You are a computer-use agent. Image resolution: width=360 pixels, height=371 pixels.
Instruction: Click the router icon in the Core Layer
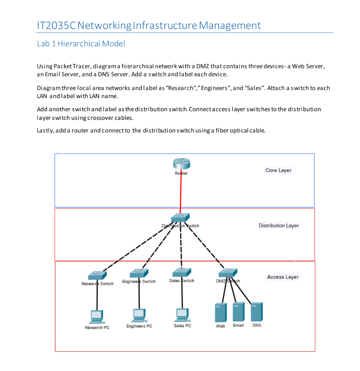181,164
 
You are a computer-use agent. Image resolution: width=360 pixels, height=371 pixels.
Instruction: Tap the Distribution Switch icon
180,218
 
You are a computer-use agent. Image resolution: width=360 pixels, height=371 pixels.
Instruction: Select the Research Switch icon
97,276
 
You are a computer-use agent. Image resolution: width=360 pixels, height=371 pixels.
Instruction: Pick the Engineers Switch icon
139,273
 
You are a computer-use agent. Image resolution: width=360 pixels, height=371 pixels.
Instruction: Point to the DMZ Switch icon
228,273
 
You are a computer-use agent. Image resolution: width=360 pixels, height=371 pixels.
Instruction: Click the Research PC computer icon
97,316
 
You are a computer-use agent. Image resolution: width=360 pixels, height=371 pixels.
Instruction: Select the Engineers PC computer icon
139,315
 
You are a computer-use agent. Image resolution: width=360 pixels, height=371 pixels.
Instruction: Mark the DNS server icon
257,311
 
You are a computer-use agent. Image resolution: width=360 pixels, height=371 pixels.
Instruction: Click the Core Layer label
278,170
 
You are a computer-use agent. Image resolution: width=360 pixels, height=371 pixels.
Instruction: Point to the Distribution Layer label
279,225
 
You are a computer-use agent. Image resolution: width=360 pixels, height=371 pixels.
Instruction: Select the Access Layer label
283,277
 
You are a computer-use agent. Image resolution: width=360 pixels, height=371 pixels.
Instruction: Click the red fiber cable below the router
181,192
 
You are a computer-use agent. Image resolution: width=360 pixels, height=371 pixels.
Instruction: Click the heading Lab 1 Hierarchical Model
81,44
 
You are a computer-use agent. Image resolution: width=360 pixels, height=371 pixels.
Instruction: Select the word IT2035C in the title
56,25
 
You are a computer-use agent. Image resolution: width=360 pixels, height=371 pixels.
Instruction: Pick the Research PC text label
97,328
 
